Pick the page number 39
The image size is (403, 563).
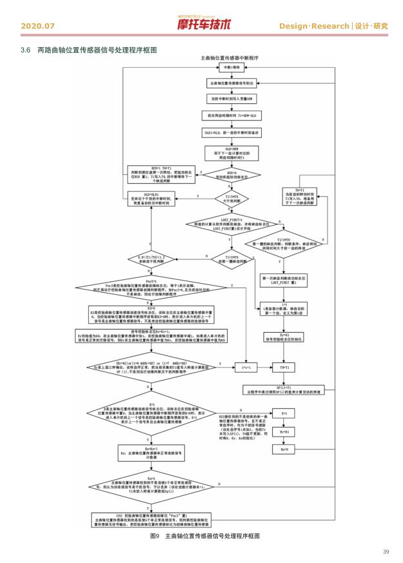(386, 551)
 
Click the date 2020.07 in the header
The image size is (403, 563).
(38, 26)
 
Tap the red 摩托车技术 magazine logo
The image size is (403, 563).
(203, 25)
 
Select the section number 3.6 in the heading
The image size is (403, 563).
(26, 50)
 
